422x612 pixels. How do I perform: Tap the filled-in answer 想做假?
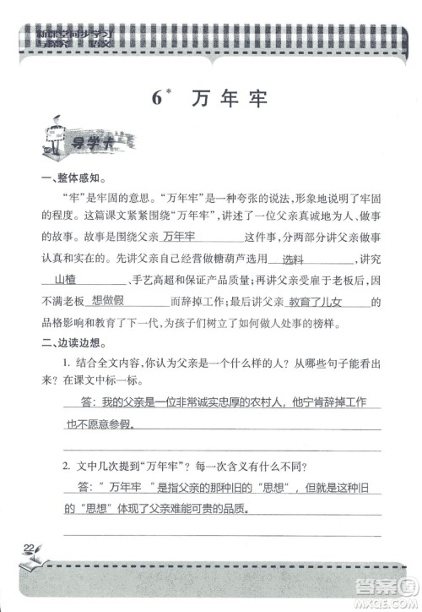click(x=108, y=300)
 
